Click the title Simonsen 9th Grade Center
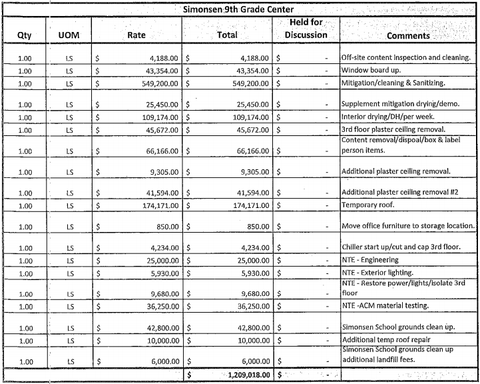coord(240,9)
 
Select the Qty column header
coord(24,35)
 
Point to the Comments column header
coord(408,36)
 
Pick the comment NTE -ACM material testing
coord(385,307)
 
